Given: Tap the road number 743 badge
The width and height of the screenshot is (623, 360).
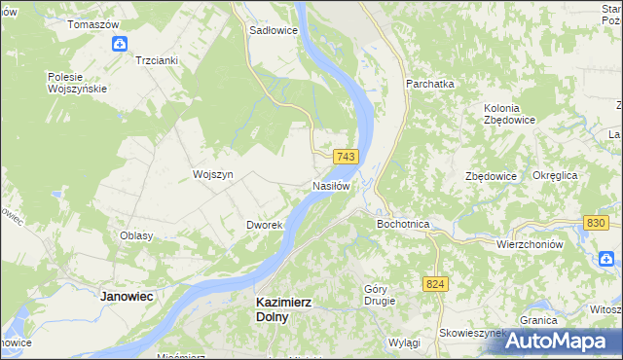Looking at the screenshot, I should tap(347, 157).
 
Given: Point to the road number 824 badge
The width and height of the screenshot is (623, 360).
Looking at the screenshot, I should tap(435, 283).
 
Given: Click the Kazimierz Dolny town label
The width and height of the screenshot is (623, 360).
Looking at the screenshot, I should tap(283, 309).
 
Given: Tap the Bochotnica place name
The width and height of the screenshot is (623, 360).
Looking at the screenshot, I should tap(403, 224).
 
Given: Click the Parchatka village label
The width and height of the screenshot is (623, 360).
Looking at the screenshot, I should tap(430, 84).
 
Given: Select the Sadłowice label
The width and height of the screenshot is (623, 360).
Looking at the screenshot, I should tap(274, 30).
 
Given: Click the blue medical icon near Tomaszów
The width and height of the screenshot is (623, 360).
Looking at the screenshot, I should tap(120, 43).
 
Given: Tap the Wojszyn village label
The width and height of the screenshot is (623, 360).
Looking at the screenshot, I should tap(213, 175).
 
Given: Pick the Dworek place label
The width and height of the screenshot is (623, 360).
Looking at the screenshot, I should tap(264, 225).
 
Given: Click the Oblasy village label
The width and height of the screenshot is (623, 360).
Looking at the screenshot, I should tap(136, 236).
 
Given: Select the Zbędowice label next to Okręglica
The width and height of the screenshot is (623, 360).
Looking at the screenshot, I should tap(490, 176).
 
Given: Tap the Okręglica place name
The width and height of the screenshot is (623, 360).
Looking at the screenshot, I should tap(556, 175).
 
